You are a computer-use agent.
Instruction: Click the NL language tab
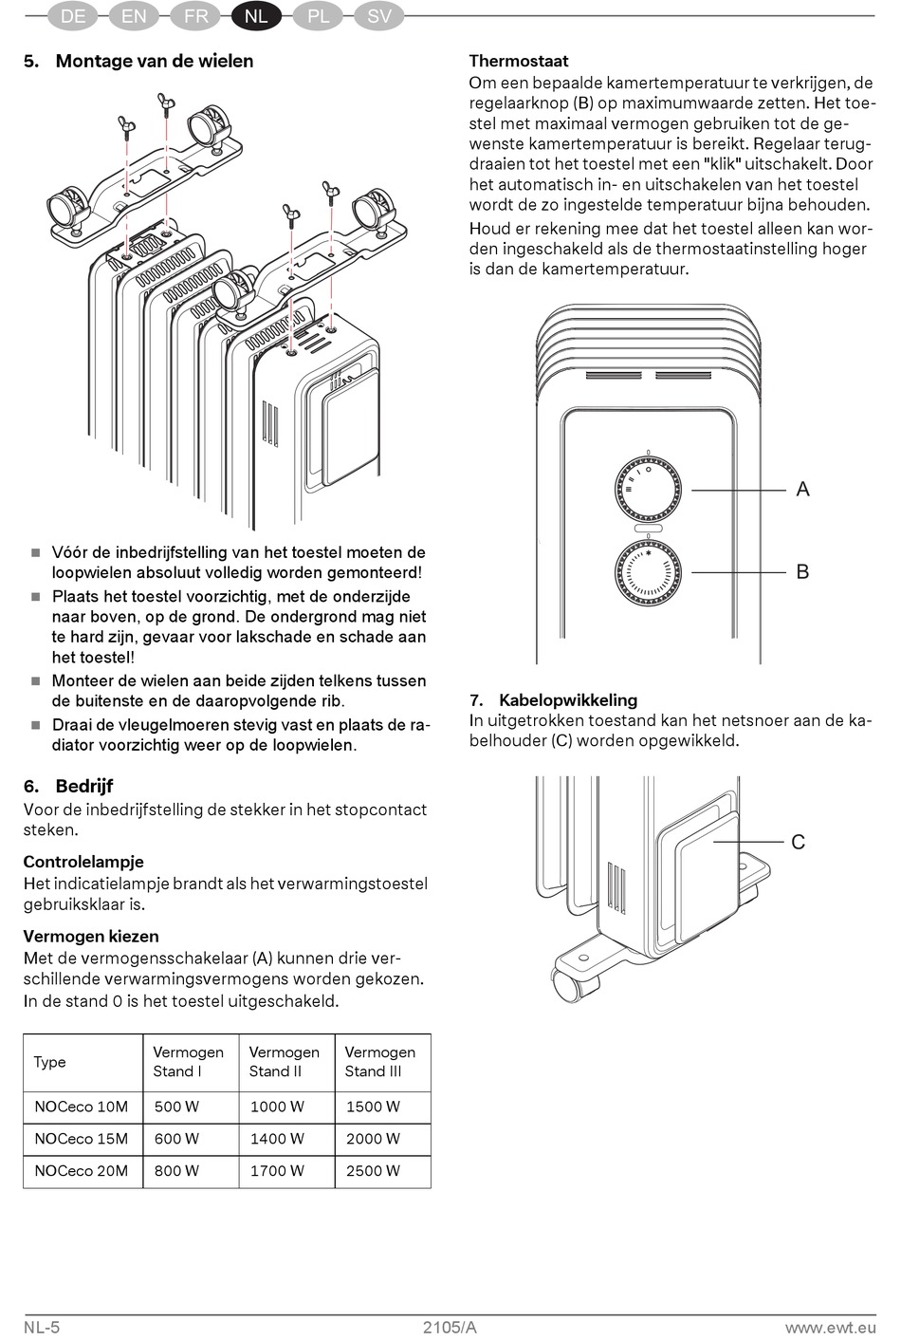tap(256, 16)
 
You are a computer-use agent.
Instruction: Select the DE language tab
tap(73, 16)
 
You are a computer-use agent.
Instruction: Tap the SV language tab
tap(378, 16)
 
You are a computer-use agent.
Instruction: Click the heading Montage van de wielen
tap(154, 61)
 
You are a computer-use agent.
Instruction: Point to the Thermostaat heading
tap(519, 61)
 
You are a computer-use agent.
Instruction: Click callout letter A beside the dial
tap(802, 490)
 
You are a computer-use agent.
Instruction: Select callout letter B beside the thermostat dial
tap(802, 571)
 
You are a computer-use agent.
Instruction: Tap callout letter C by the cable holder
tap(798, 842)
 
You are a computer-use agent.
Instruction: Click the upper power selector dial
tap(648, 486)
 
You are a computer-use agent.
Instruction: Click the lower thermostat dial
tap(648, 570)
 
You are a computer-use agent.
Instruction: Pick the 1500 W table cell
tap(373, 1107)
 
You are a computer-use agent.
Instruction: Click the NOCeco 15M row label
tap(81, 1139)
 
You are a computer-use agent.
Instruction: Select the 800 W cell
tap(176, 1171)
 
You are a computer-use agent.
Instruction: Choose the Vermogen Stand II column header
tap(284, 1062)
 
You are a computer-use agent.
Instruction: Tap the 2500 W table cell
tap(373, 1171)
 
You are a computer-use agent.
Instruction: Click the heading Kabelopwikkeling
tap(567, 700)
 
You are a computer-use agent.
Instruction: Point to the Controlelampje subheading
tap(83, 862)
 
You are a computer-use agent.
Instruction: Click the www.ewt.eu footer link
tap(830, 1327)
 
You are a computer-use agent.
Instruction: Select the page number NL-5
tap(42, 1327)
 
